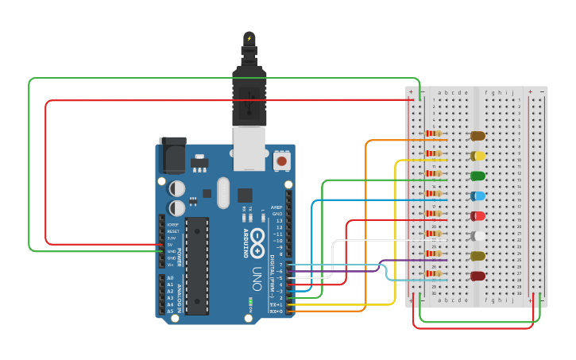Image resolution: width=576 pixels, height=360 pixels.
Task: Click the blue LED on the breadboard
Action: (478, 195)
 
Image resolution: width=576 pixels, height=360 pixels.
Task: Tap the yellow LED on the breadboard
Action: (478, 156)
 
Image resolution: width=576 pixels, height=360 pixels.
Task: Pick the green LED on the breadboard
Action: (478, 176)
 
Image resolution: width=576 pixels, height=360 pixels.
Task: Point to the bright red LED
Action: (478, 215)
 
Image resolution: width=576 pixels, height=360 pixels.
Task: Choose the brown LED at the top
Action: (478, 136)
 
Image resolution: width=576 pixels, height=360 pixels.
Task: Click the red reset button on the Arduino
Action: (280, 161)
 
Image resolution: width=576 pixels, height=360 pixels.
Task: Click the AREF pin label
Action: (276, 207)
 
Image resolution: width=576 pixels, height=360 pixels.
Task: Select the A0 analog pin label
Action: (169, 277)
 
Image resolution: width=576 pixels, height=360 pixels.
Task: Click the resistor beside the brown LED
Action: (434, 134)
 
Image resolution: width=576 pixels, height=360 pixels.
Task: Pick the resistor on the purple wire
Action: (434, 254)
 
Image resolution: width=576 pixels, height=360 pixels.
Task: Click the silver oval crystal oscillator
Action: (222, 192)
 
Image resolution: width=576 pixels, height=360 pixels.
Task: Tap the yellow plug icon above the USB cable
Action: (249, 38)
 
